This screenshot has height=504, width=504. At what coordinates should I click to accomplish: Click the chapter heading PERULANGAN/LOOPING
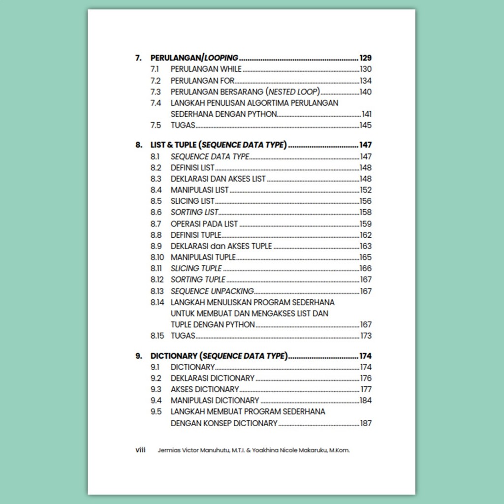(x=194, y=58)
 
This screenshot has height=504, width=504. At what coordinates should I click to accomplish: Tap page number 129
(x=365, y=58)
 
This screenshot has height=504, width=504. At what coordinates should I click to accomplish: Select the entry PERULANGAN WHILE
(x=206, y=69)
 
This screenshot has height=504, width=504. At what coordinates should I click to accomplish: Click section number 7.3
(x=156, y=92)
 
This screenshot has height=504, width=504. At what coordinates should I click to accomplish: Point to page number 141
(x=367, y=114)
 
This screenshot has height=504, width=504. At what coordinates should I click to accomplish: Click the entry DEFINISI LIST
(x=192, y=168)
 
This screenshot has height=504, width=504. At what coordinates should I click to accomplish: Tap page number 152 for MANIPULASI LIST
(x=365, y=190)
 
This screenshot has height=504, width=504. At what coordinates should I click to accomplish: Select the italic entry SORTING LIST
(x=194, y=213)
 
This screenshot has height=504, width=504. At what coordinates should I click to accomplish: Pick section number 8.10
(x=157, y=257)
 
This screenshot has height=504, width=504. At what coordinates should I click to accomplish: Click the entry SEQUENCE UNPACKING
(x=212, y=291)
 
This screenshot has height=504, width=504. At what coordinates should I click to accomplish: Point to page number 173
(x=365, y=336)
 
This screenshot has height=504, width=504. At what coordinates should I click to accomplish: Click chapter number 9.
(x=138, y=356)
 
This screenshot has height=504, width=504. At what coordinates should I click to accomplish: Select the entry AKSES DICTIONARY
(x=205, y=389)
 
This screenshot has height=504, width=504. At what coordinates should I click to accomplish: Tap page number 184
(x=365, y=401)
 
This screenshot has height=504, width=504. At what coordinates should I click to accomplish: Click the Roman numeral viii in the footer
(x=140, y=450)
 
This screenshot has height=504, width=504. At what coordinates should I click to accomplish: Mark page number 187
(x=365, y=423)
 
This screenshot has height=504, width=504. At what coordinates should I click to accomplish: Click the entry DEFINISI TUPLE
(x=196, y=235)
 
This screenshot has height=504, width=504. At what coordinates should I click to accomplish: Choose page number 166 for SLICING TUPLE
(x=365, y=269)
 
